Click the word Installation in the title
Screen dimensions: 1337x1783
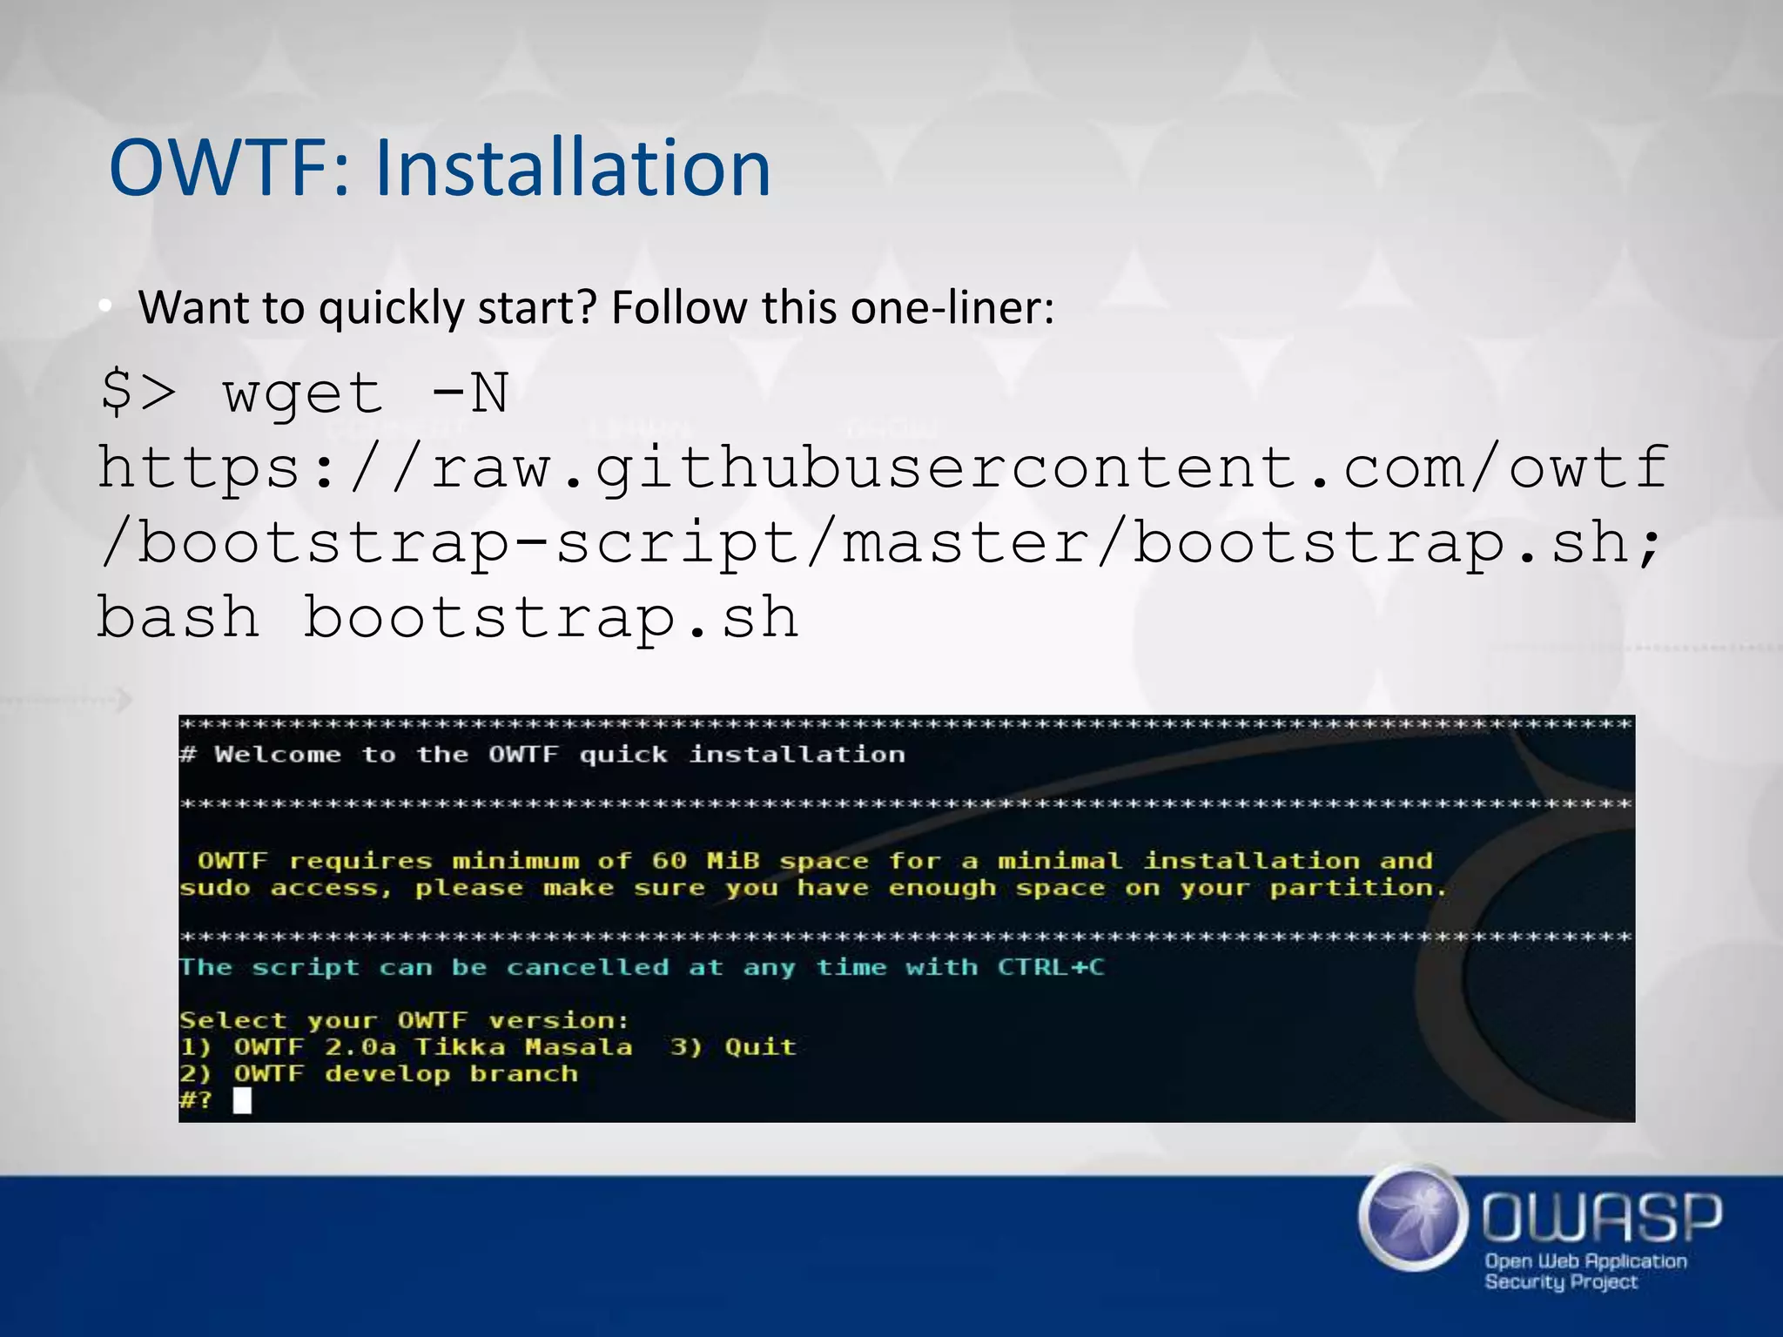(573, 167)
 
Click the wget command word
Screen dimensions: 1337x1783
(302, 393)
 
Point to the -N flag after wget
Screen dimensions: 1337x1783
(469, 393)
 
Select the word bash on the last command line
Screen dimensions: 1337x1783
(178, 618)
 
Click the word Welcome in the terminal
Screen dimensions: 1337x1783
(278, 755)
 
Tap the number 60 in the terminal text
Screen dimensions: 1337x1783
(669, 861)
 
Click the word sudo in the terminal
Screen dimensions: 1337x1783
(214, 889)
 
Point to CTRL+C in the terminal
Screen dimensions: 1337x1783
(1051, 967)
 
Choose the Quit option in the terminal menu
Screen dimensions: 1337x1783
(760, 1046)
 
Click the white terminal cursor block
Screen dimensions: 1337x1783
(242, 1101)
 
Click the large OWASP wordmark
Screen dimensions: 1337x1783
(1601, 1218)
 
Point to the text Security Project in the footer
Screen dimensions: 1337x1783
(1560, 1281)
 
